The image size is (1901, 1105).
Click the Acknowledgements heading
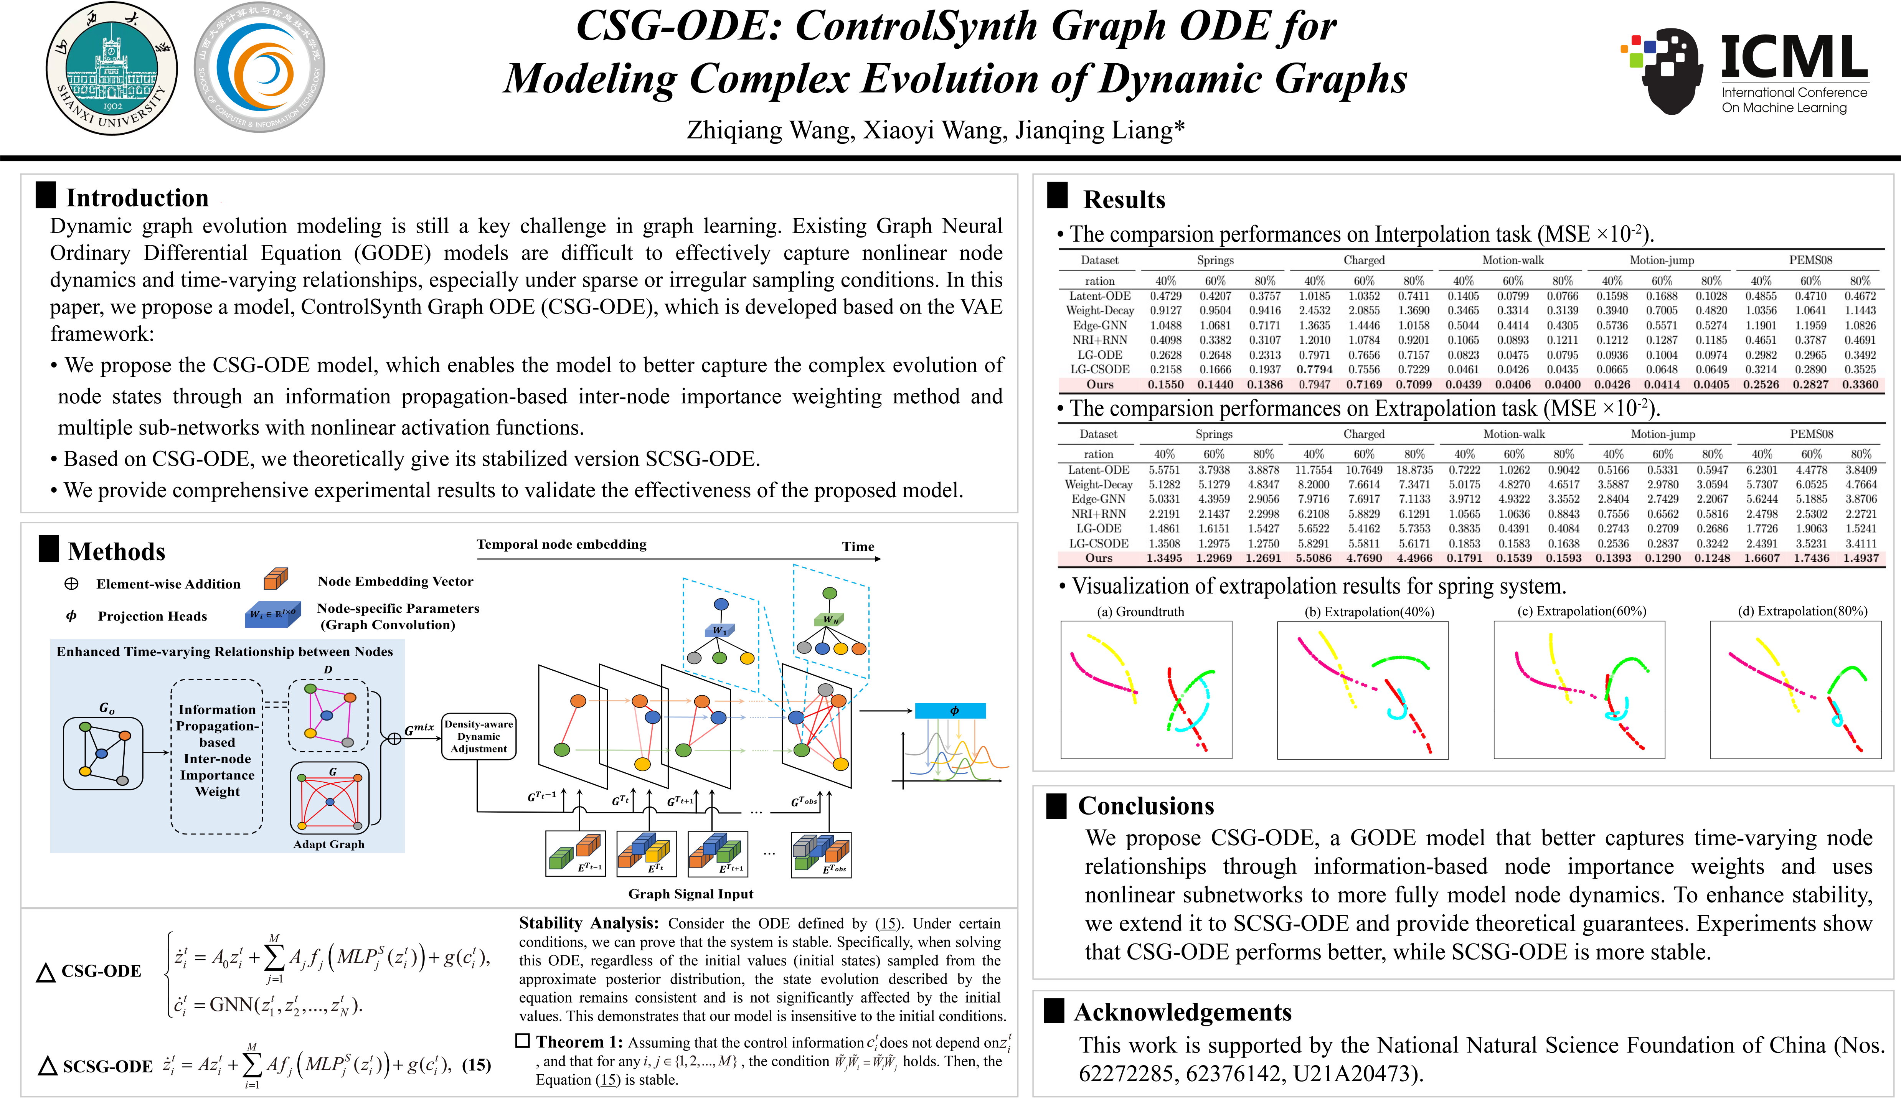(x=1182, y=1011)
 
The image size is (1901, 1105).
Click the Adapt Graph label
(x=329, y=844)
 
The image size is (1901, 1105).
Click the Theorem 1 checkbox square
(x=522, y=1041)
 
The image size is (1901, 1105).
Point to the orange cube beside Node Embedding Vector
(x=276, y=579)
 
